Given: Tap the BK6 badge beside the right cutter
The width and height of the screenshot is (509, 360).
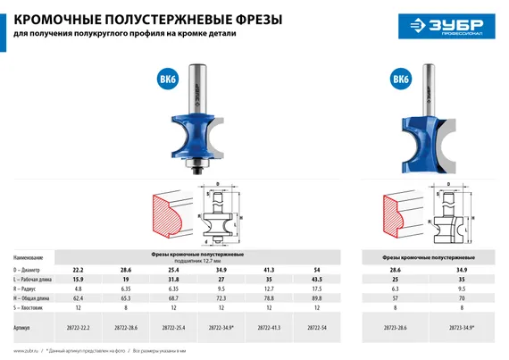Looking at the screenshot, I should [x=401, y=80].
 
